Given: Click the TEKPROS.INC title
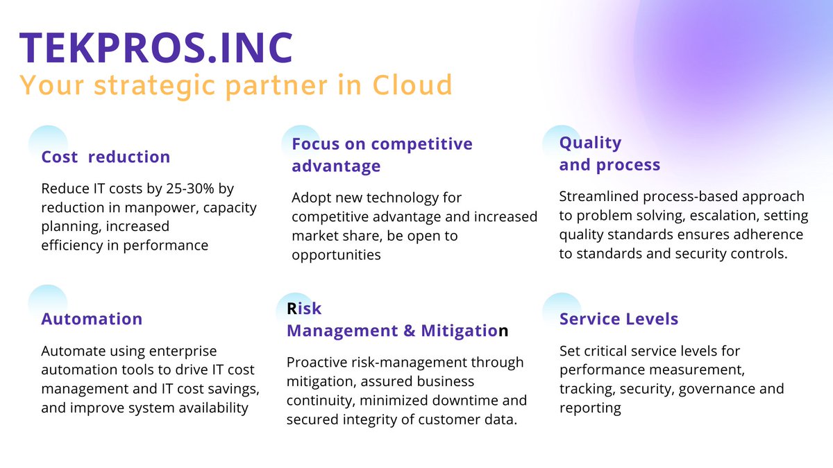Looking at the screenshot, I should coord(157,47).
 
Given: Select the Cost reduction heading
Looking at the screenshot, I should coord(106,157).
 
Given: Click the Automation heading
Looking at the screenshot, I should coord(92,319).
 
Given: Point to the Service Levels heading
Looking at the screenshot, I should coord(619,319).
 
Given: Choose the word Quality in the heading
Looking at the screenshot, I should coord(590,142).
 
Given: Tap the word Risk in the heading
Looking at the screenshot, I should coord(304,308).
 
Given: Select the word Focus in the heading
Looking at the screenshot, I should coord(314,144).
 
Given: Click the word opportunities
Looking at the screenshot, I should coord(336,254).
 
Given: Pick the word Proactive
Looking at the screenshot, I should coord(318,363).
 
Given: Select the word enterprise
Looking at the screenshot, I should coord(184,352).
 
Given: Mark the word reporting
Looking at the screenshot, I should coord(590,408).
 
